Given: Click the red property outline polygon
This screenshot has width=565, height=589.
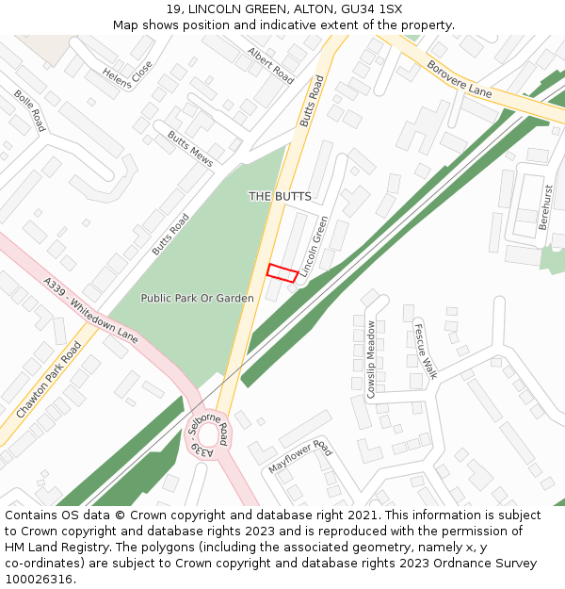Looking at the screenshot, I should [x=282, y=272].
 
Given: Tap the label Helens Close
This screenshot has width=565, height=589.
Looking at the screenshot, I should [x=126, y=74].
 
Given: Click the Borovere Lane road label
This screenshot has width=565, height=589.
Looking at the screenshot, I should [x=460, y=79].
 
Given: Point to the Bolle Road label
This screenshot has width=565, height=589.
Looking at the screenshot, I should [x=29, y=110].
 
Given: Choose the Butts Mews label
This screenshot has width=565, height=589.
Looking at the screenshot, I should [x=190, y=148].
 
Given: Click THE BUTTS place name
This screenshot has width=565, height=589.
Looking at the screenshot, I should [x=280, y=196].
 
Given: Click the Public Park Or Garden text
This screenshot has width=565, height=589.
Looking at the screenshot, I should [x=197, y=298].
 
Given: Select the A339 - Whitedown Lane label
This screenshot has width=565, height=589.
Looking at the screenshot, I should [x=90, y=310].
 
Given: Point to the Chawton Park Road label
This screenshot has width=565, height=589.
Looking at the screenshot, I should [x=48, y=380].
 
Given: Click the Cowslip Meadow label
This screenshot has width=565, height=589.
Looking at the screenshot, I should [x=372, y=359].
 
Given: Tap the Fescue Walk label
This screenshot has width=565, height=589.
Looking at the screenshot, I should [x=425, y=351].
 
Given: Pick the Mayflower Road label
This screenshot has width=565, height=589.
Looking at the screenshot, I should [x=299, y=456].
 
